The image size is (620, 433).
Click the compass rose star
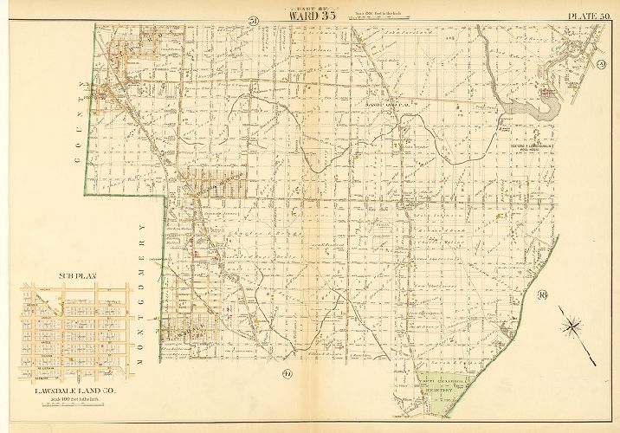click(x=572, y=326)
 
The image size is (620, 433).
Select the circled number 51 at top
click(x=253, y=21)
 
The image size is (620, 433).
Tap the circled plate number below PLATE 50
click(x=599, y=66)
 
